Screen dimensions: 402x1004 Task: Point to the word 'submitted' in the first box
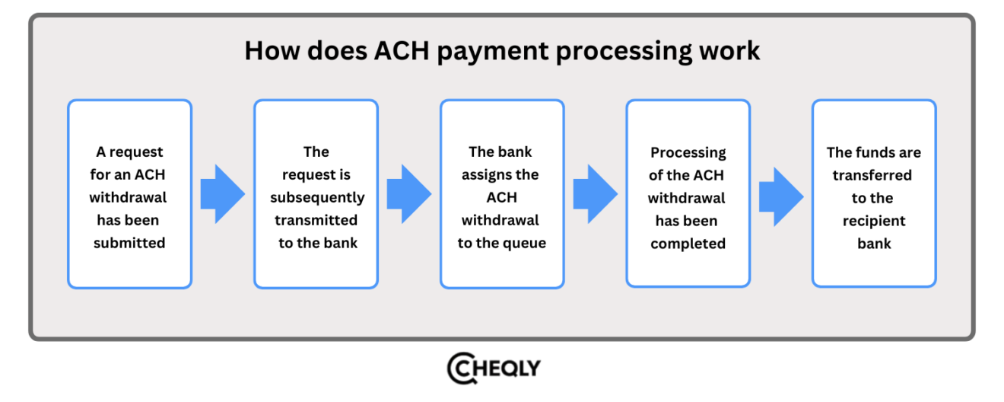(129, 243)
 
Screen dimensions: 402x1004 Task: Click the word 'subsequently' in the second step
(316, 197)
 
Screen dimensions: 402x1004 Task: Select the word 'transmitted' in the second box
(316, 220)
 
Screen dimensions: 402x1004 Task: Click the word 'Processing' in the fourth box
(688, 152)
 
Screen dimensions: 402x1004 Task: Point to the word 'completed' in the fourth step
(688, 244)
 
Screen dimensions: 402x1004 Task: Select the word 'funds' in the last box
(873, 152)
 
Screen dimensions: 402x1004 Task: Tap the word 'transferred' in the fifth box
(872, 175)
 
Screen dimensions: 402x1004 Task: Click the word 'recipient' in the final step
(874, 221)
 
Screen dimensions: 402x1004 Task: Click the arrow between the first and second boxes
(222, 194)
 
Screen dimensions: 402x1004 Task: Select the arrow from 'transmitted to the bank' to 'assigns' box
(408, 194)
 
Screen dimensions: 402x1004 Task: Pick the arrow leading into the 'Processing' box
(595, 194)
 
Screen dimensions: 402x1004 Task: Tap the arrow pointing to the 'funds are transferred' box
(780, 196)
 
